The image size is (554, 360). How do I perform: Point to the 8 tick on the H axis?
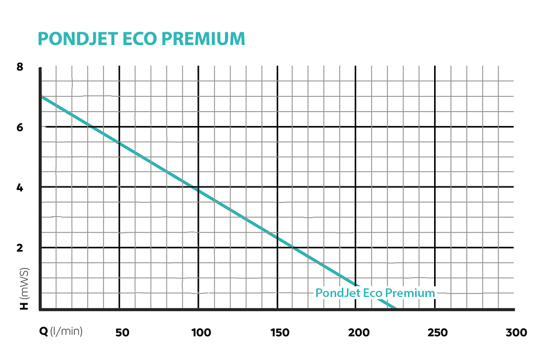pyautogui.click(x=20, y=67)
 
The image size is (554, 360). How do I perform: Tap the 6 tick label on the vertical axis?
pyautogui.click(x=20, y=128)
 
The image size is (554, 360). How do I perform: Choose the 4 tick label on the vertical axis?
pyautogui.click(x=20, y=188)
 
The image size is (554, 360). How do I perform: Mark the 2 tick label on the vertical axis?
pyautogui.click(x=20, y=248)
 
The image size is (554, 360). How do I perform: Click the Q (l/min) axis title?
pyautogui.click(x=61, y=332)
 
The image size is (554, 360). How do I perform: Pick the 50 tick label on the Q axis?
pyautogui.click(x=122, y=333)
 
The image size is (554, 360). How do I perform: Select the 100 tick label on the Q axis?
pyautogui.click(x=201, y=333)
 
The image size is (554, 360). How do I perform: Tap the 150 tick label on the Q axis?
pyautogui.click(x=280, y=333)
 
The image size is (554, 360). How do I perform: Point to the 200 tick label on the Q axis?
pyautogui.click(x=359, y=333)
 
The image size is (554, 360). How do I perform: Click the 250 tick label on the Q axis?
pyautogui.click(x=438, y=333)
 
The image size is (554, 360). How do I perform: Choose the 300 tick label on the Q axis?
pyautogui.click(x=516, y=333)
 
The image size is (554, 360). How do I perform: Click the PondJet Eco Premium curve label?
pyautogui.click(x=375, y=293)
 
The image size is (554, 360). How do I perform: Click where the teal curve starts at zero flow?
pyautogui.click(x=41, y=96)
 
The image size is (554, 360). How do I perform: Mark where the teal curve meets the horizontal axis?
pyautogui.click(x=396, y=309)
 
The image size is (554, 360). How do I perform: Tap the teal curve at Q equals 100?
pyautogui.click(x=198, y=190)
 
